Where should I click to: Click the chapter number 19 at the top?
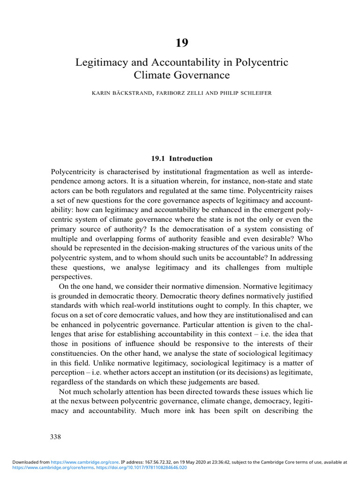181,43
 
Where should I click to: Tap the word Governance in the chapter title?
204,75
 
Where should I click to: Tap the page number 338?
56,437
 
